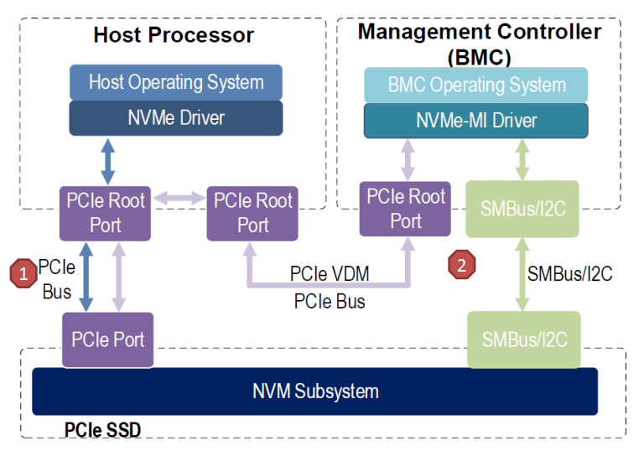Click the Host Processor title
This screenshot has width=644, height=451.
[x=174, y=35]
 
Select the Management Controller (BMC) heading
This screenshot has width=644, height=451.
[x=479, y=44]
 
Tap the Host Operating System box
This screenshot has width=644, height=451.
[x=175, y=82]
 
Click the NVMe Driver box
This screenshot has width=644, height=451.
[x=175, y=117]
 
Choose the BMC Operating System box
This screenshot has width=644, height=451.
[x=475, y=85]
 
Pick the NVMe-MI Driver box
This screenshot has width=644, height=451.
[x=475, y=121]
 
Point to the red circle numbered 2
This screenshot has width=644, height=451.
[x=461, y=264]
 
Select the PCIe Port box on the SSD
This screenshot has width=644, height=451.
[x=107, y=340]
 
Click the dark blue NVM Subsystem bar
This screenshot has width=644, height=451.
[x=314, y=391]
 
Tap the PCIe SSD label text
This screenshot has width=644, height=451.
[x=102, y=430]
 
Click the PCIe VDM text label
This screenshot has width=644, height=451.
[x=329, y=273]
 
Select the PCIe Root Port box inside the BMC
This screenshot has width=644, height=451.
[x=406, y=209]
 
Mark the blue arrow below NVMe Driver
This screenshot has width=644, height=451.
[x=107, y=160]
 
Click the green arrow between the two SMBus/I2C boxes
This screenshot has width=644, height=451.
[x=521, y=274]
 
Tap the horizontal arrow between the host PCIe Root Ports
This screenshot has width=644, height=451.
[x=177, y=199]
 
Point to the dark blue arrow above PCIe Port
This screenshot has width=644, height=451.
[x=86, y=274]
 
